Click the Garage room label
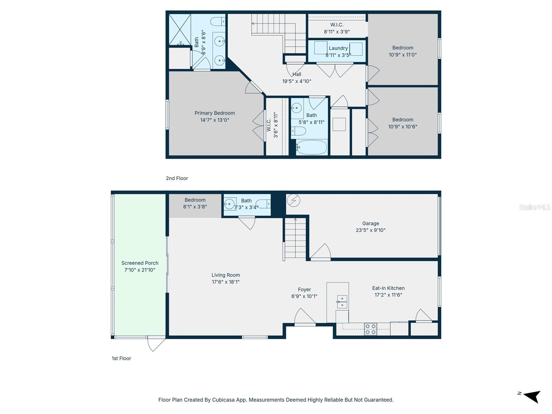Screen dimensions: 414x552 pos(371,223)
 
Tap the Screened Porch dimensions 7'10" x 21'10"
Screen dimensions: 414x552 pos(140,270)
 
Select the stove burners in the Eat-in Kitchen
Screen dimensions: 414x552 pos(371,329)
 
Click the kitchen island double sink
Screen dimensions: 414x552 pos(342,302)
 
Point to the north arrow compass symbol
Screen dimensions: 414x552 pos(531,396)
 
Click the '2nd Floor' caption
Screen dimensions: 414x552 pos(177,178)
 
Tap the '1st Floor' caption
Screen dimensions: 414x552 pos(121,358)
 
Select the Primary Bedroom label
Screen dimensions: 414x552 pos(215,113)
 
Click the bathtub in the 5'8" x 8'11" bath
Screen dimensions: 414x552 pos(312,148)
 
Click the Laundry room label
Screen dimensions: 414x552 pos(338,48)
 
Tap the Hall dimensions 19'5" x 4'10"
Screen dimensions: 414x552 pos(296,81)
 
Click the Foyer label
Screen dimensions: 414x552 pos(304,289)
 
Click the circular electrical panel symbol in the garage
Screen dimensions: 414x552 pos(294,200)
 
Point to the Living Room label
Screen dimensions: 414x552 pos(226,275)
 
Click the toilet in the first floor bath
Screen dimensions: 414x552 pos(264,204)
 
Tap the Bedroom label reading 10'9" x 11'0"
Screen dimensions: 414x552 pos(403,48)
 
